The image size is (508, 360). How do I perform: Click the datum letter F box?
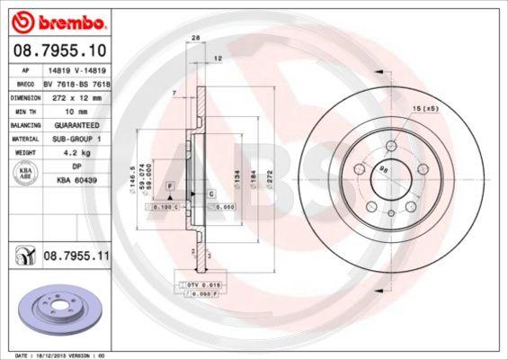coord(167,184)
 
